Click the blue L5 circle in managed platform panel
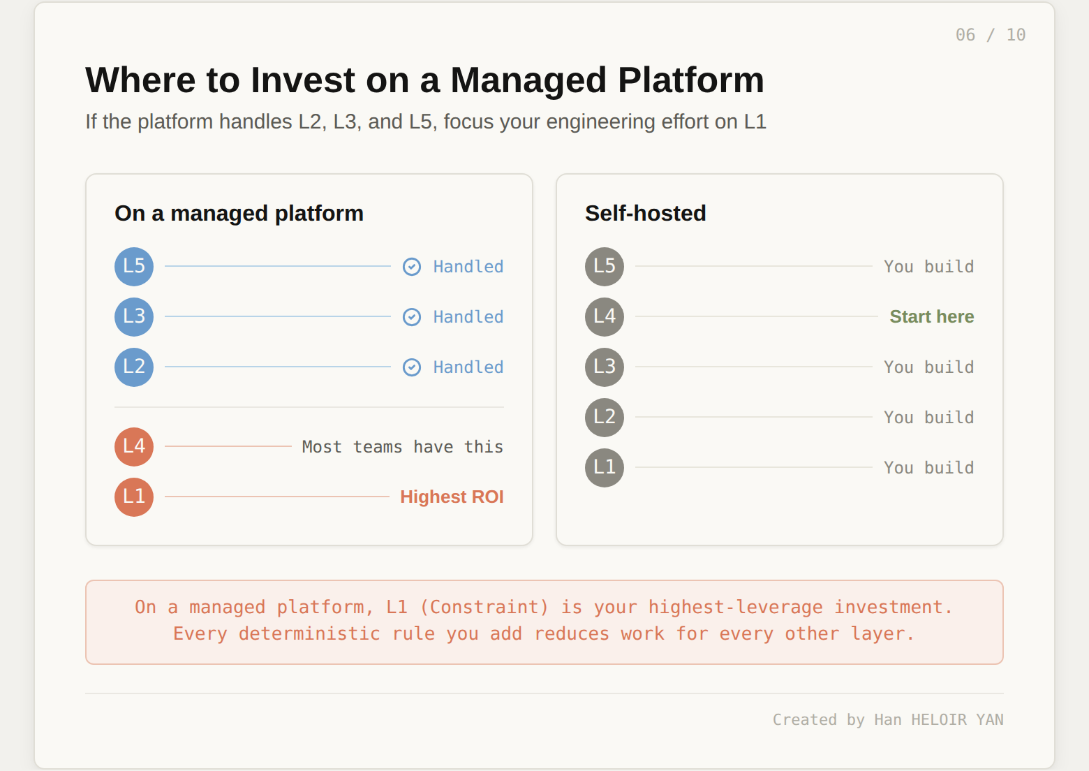coord(134,267)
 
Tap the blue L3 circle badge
coord(134,317)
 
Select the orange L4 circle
coord(134,447)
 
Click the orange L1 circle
coord(134,497)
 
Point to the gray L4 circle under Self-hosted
coord(605,317)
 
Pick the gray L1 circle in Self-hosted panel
coord(605,468)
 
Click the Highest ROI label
coord(452,497)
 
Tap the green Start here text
coord(931,317)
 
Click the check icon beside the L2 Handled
coord(412,367)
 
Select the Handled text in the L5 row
coord(468,267)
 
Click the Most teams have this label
coord(402,447)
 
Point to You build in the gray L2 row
coord(928,418)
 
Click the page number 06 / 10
coord(990,35)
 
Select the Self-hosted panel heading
coord(645,214)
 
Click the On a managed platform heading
coord(239,214)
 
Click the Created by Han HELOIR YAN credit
coord(887,720)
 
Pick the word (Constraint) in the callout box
coord(484,608)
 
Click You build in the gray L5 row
coord(928,267)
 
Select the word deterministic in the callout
coord(309,634)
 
